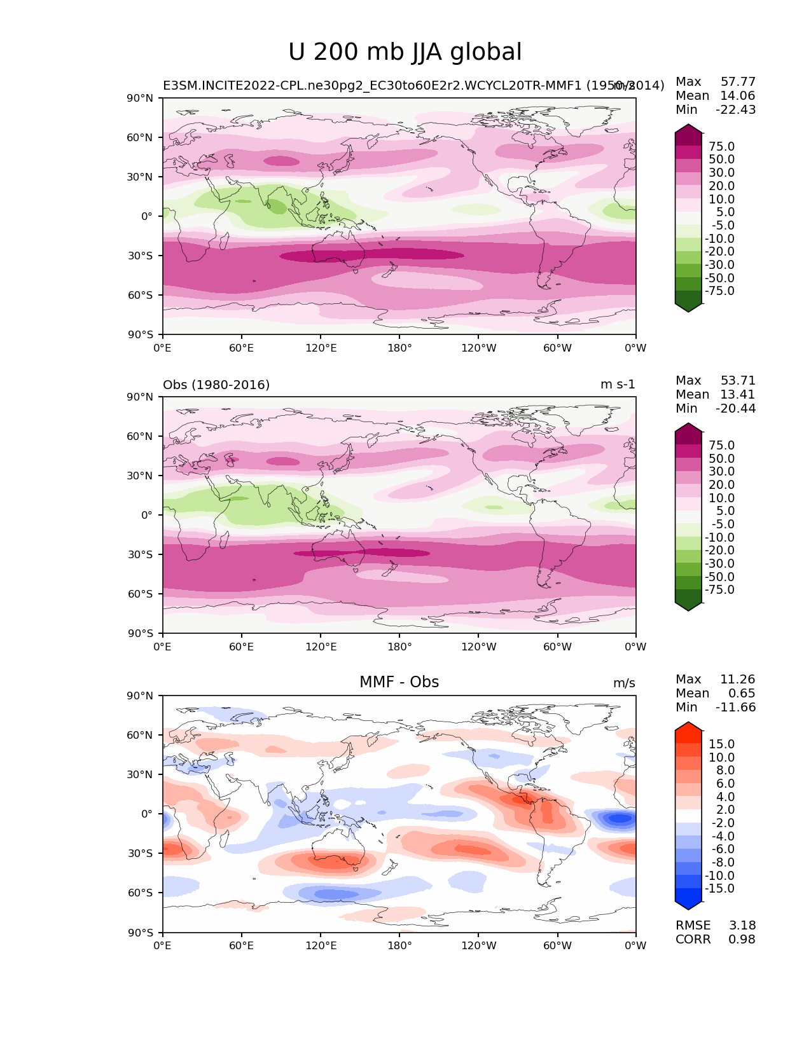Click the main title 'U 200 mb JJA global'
click(x=405, y=52)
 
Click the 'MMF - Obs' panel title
click(x=399, y=682)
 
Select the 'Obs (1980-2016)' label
click(x=216, y=385)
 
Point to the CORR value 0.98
click(x=742, y=939)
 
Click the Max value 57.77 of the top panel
click(x=738, y=81)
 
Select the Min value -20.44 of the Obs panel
click(x=735, y=408)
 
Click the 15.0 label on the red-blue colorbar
click(x=721, y=744)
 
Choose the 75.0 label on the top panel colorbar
click(x=721, y=146)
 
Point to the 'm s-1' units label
click(x=618, y=385)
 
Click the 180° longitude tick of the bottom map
click(x=399, y=945)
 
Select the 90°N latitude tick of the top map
click(x=141, y=98)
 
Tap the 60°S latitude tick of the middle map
click(x=141, y=594)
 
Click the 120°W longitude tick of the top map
click(x=479, y=348)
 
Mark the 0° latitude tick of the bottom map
click(x=146, y=814)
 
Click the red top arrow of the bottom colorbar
click(x=688, y=728)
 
